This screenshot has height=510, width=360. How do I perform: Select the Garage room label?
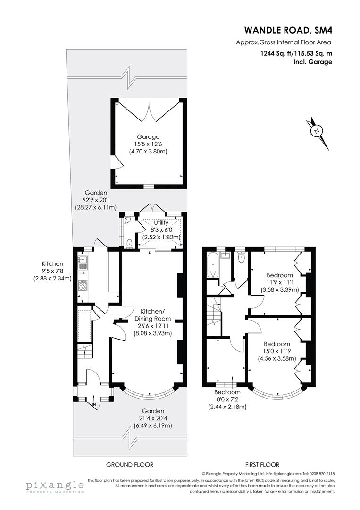(x=148, y=137)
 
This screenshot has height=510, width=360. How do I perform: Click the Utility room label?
(x=161, y=222)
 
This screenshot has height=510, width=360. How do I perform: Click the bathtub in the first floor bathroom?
(x=212, y=265)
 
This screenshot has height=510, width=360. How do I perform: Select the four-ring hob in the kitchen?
(x=83, y=286)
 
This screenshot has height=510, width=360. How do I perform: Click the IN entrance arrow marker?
(x=94, y=404)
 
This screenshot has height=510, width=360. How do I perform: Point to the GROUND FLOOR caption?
(x=129, y=465)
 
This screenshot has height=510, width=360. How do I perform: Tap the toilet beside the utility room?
(x=129, y=243)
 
